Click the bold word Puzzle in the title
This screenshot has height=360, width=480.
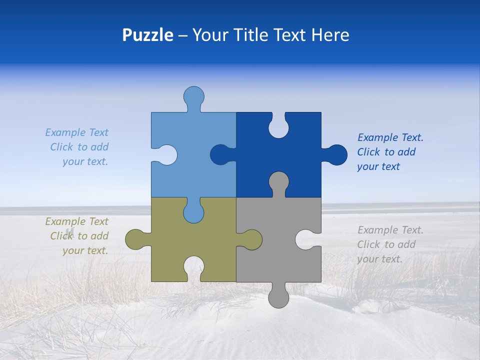point(147,35)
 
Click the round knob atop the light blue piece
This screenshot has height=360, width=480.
point(193,96)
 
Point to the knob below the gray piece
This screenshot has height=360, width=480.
point(278,297)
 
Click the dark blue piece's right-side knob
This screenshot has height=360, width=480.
point(336,155)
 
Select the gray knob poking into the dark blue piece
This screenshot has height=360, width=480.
point(278,182)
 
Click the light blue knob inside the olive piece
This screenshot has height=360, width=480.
point(193,212)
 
